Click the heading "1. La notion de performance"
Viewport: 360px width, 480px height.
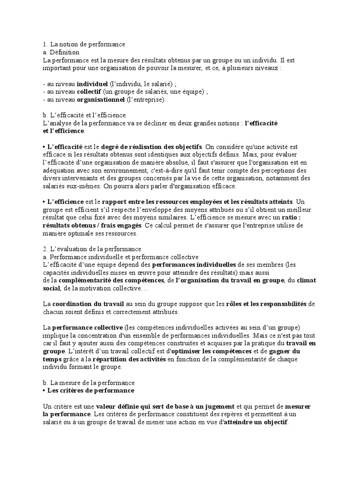click(x=84, y=44)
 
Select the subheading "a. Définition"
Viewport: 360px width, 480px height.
click(x=61, y=52)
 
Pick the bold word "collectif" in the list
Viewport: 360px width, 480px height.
click(x=89, y=91)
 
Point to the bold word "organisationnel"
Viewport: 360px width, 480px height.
click(x=101, y=99)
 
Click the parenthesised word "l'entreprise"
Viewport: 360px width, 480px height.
click(x=146, y=99)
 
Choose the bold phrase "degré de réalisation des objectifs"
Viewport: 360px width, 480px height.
click(x=152, y=147)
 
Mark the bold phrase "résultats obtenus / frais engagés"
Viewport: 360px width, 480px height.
click(x=92, y=225)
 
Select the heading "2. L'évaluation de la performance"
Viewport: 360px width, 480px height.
click(x=92, y=249)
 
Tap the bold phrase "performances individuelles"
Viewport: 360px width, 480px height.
click(x=194, y=265)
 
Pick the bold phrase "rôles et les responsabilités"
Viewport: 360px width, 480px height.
click(x=267, y=304)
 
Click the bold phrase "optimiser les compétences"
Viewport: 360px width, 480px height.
click(x=210, y=351)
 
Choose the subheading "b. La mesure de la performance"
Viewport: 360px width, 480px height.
click(x=89, y=382)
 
